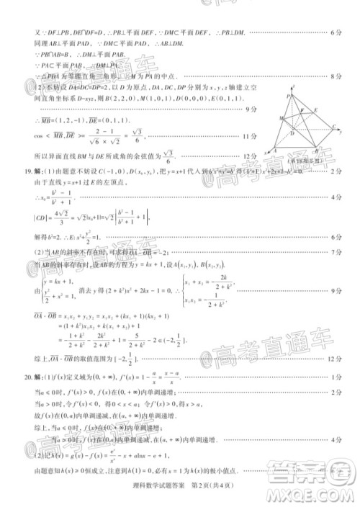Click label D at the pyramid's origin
click(x=291, y=134)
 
